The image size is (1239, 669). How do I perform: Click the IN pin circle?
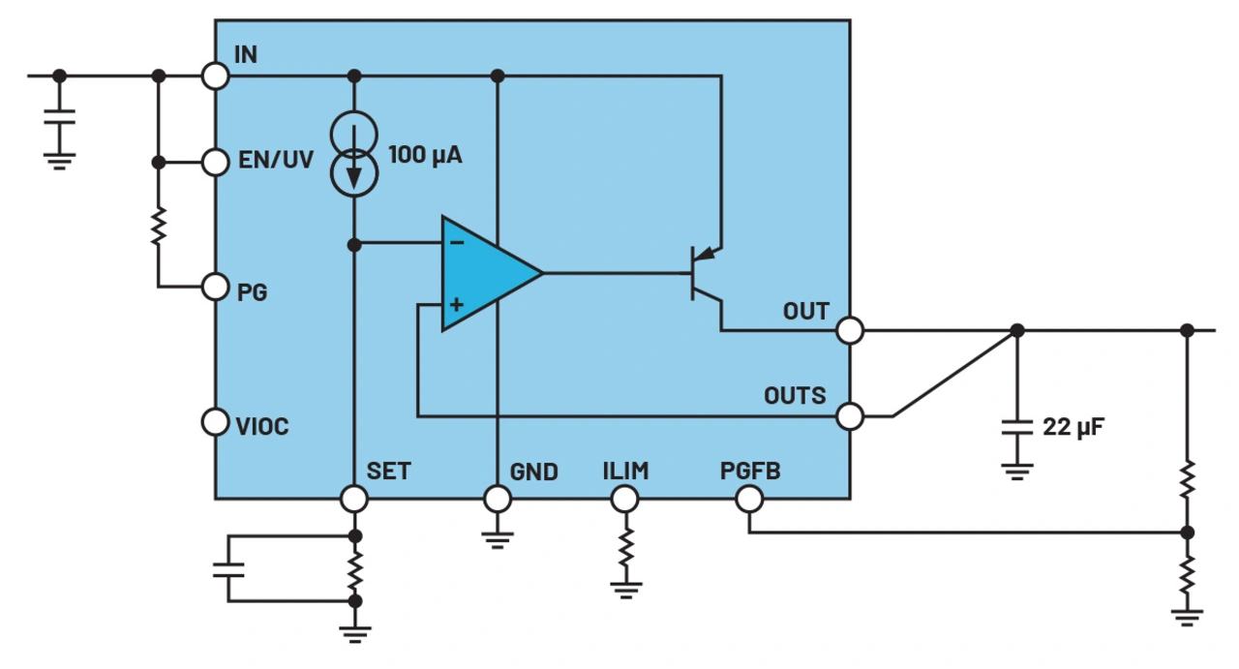(x=215, y=76)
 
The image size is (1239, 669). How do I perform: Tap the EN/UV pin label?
(x=276, y=161)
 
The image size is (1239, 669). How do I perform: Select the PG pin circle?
(x=215, y=287)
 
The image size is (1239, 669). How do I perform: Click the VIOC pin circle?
(x=215, y=422)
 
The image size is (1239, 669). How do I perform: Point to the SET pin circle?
(x=355, y=499)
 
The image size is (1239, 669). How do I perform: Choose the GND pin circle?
(x=498, y=499)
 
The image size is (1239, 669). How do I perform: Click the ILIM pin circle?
(x=625, y=499)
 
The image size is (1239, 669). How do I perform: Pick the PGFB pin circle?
(x=749, y=499)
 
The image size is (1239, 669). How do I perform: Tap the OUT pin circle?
(x=850, y=330)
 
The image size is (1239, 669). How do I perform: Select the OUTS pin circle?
(x=850, y=416)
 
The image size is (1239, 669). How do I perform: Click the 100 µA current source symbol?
(x=354, y=153)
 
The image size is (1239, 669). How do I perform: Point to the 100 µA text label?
(x=425, y=154)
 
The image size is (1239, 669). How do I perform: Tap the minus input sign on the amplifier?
(x=457, y=243)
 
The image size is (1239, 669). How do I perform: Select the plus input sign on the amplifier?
(x=457, y=304)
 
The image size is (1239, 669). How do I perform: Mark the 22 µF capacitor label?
(x=1075, y=426)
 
